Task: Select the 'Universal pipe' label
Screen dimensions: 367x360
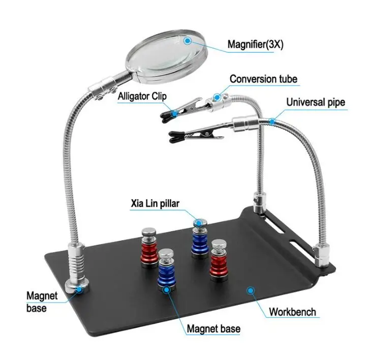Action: [315, 103]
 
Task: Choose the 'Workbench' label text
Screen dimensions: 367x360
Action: [292, 312]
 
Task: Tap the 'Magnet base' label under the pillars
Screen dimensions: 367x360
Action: [213, 330]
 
